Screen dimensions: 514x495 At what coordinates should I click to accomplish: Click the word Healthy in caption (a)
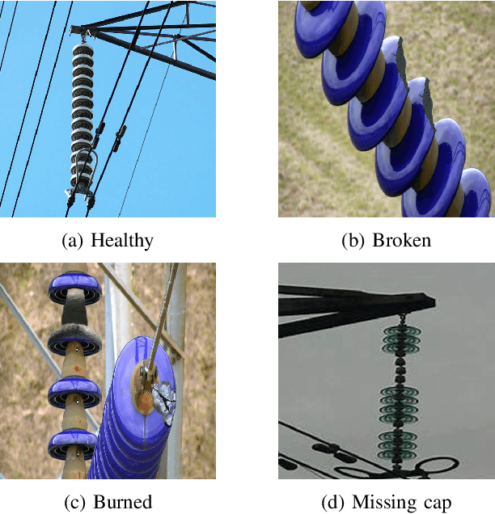pyautogui.click(x=122, y=240)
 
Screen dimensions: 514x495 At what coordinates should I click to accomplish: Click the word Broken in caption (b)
pyautogui.click(x=402, y=240)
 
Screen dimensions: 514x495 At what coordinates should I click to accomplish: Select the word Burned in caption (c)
pyautogui.click(x=122, y=501)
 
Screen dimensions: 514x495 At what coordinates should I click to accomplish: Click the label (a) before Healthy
pyautogui.click(x=73, y=240)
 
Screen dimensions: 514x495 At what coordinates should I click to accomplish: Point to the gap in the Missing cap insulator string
pyautogui.click(x=399, y=368)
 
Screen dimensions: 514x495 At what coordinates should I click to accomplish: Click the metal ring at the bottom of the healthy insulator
pyautogui.click(x=84, y=170)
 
